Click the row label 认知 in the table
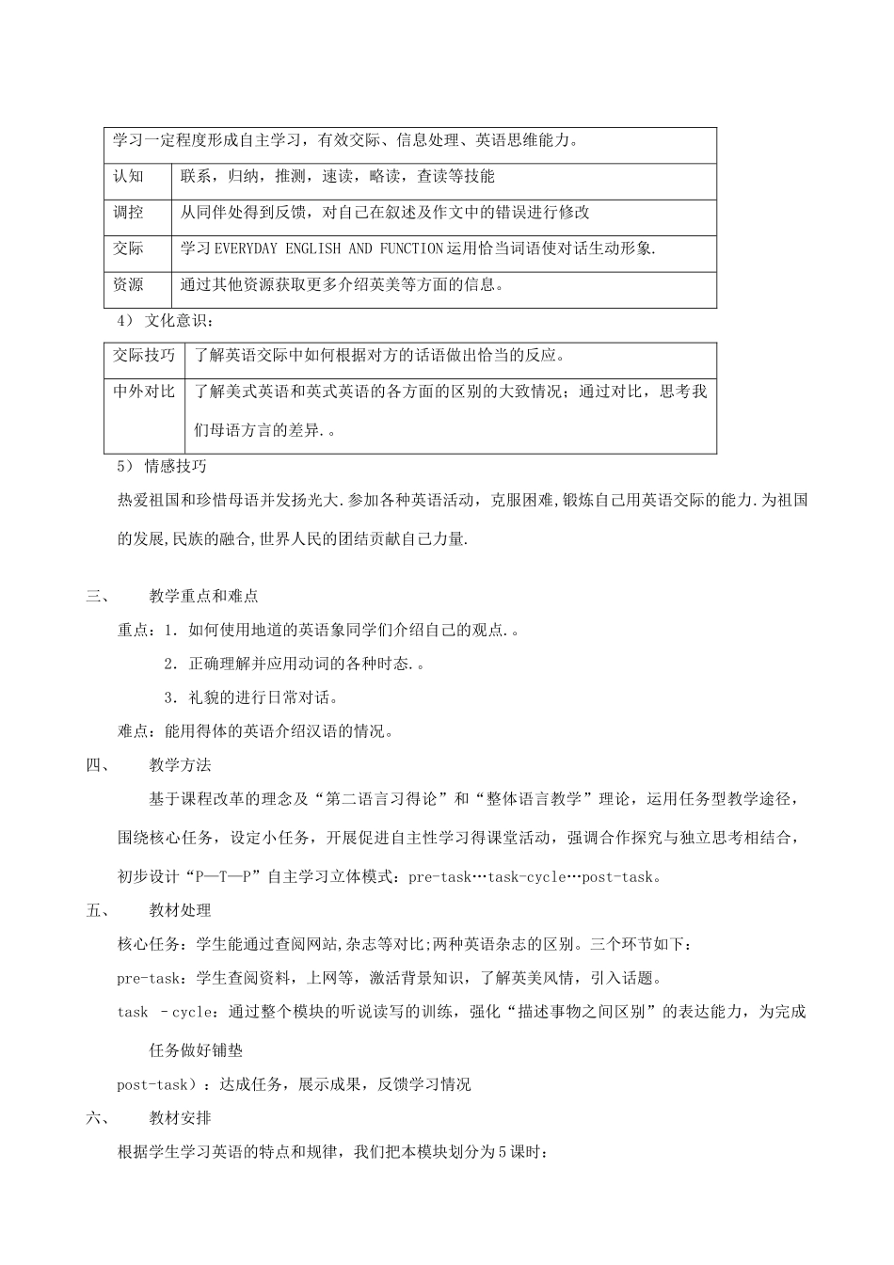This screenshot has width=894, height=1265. [129, 176]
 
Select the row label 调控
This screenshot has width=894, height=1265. [129, 212]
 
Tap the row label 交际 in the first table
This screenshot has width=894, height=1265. [129, 248]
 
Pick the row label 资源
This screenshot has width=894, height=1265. [129, 284]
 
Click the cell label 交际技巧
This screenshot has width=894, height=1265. [144, 356]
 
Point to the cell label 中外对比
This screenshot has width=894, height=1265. [144, 392]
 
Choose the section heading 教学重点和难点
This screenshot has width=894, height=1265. [203, 596]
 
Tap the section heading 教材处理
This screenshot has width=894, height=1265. [180, 910]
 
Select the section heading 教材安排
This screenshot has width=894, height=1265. [180, 1118]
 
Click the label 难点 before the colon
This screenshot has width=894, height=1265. [133, 731]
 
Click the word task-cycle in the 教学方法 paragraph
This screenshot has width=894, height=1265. [527, 877]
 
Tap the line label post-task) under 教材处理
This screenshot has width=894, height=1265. [155, 1084]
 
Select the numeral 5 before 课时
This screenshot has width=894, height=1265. [503, 1152]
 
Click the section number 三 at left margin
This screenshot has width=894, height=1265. [93, 596]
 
